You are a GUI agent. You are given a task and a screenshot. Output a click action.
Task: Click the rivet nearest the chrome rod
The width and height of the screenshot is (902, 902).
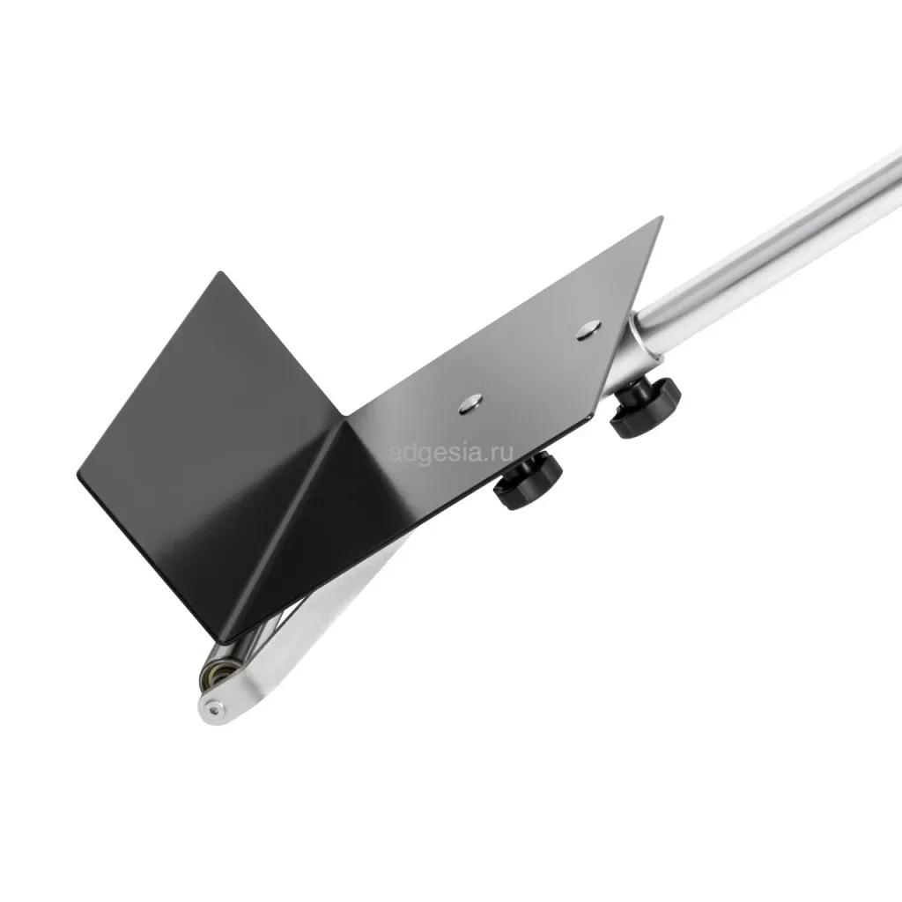point(588,331)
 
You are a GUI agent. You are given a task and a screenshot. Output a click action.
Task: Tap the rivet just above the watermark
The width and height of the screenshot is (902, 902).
point(470,403)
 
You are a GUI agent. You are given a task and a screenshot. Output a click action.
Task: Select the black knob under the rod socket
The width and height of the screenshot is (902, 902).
point(646,405)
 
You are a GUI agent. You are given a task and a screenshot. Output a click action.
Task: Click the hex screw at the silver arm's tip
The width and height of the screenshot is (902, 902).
point(215,711)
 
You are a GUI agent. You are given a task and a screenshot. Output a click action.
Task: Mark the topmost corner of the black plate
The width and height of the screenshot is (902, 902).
point(662,217)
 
